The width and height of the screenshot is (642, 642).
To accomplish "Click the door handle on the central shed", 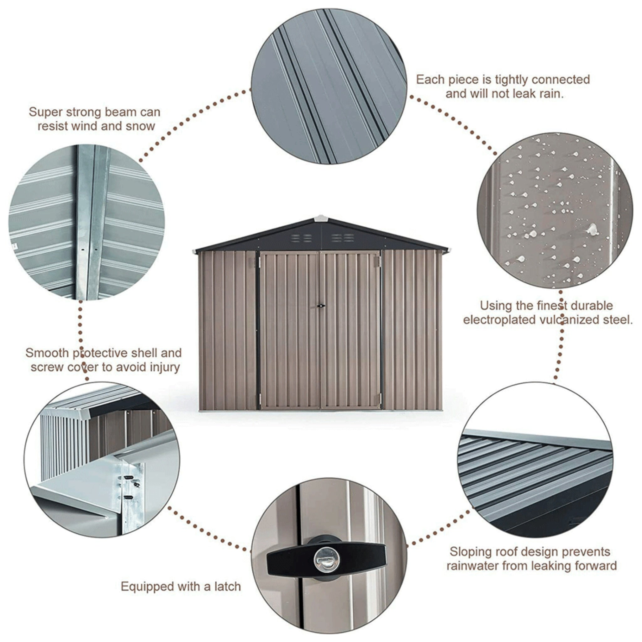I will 321,306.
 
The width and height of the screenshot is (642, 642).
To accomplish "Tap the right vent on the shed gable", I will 342,238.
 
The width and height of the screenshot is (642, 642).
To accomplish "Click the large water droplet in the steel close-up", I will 592,229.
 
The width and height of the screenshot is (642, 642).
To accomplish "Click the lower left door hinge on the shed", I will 260,397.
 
